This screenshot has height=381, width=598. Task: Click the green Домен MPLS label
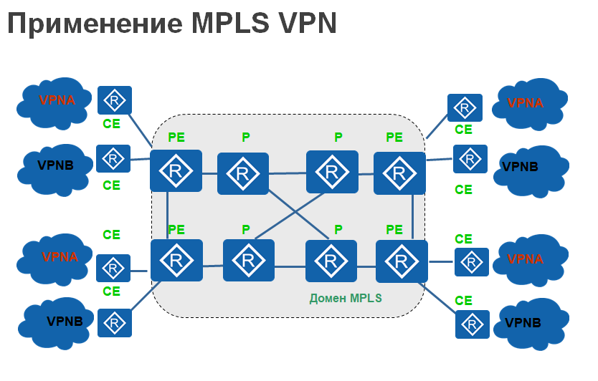click(346, 296)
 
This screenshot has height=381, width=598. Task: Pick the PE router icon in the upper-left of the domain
click(176, 170)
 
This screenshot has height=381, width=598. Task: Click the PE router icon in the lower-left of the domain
click(176, 261)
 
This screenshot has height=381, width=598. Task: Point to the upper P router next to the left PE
click(243, 173)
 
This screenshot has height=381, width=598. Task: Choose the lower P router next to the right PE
click(331, 263)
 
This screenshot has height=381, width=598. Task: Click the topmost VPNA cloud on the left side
click(56, 101)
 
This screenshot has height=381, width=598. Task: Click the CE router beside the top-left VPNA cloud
click(114, 101)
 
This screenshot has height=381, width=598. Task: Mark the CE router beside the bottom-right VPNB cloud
click(473, 324)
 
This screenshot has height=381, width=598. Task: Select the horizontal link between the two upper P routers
click(288, 173)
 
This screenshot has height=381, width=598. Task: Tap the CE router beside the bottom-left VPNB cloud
click(114, 323)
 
